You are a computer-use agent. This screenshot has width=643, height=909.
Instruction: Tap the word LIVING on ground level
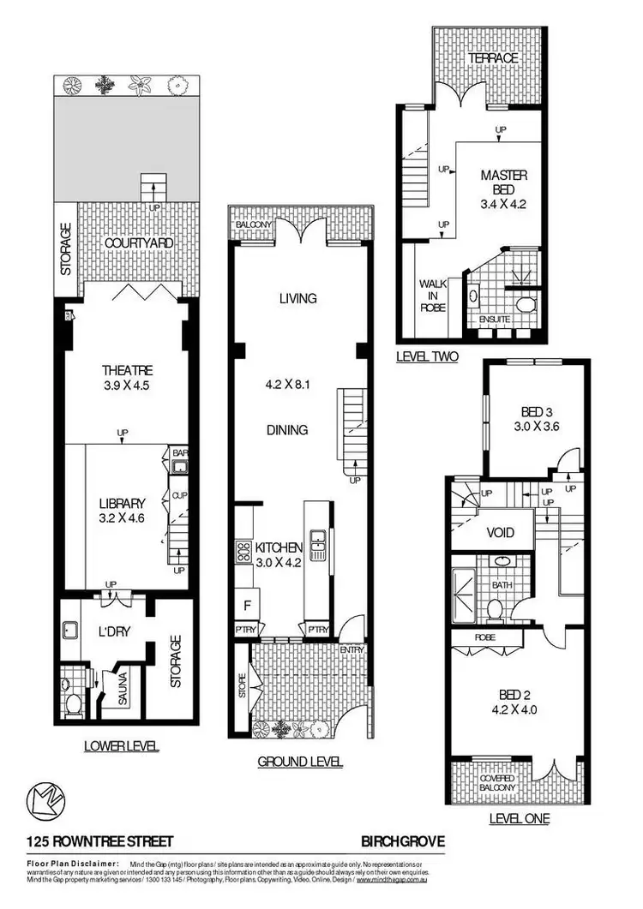(x=297, y=299)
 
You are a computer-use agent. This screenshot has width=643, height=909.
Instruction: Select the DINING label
(x=286, y=430)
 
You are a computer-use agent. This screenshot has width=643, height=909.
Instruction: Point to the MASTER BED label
(x=503, y=182)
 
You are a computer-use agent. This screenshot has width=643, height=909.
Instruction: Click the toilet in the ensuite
(x=526, y=304)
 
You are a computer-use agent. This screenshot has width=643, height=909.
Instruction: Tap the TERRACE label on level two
(x=492, y=57)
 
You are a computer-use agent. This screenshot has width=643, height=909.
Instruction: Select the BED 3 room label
(x=529, y=412)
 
